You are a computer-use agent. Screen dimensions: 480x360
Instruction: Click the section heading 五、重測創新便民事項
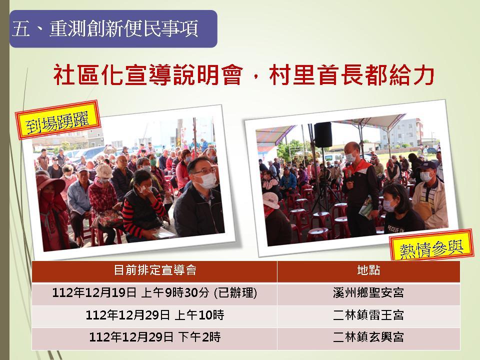[x=105, y=29]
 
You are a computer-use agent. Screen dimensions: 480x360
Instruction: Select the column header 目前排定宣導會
[x=155, y=270]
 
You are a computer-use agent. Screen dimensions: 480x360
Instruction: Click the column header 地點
[x=368, y=270]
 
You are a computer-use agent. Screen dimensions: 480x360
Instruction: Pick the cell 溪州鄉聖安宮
[x=368, y=293]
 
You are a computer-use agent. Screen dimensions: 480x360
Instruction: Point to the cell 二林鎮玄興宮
[x=368, y=337]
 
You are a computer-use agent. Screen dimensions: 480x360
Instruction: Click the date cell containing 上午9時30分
[x=154, y=293]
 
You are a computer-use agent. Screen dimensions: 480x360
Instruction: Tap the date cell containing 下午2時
[x=155, y=337]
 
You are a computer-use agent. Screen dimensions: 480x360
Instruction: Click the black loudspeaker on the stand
[x=323, y=134]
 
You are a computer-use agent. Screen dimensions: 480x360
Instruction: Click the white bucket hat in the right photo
[x=270, y=200]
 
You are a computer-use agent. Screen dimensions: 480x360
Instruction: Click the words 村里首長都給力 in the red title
[x=351, y=75]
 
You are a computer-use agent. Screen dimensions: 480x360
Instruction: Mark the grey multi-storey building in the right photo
[x=401, y=132]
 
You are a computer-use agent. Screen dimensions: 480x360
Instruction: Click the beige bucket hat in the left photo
[x=104, y=171]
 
